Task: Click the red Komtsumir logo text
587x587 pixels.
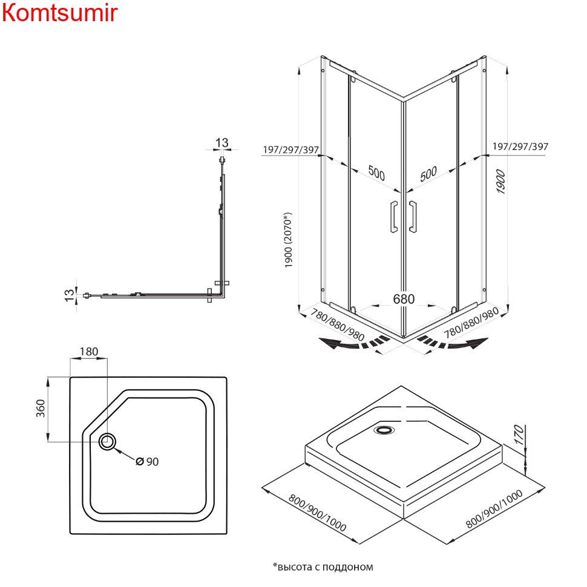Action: [x=59, y=13]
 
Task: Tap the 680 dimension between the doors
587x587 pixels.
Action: [x=404, y=299]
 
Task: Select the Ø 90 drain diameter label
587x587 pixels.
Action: [x=147, y=462]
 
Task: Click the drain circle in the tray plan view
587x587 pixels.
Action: [x=108, y=442]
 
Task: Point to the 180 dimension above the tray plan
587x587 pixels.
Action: [x=88, y=352]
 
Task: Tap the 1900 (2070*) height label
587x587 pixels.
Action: [x=289, y=240]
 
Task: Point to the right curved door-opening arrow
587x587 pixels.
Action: [x=455, y=343]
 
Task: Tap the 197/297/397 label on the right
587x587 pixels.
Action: [x=520, y=146]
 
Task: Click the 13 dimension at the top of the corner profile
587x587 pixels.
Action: [x=222, y=143]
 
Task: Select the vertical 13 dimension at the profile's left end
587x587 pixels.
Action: [x=71, y=295]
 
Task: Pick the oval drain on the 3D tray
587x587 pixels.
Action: [x=384, y=430]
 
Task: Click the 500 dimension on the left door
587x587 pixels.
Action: [x=376, y=174]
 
